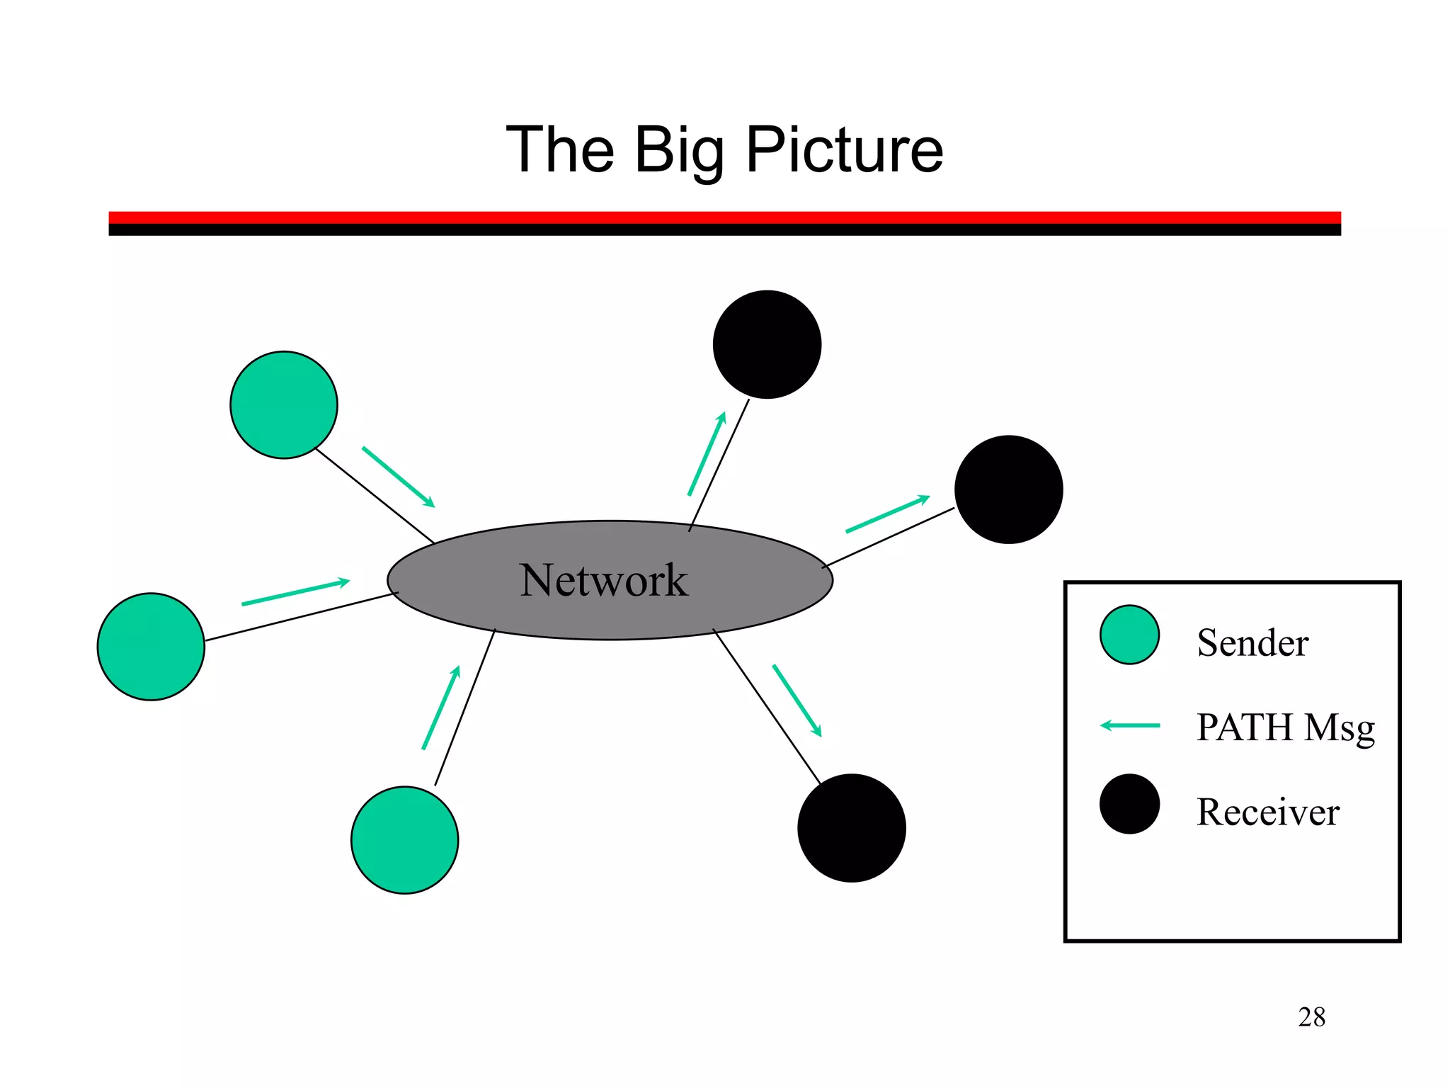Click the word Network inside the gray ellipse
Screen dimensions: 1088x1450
click(x=603, y=580)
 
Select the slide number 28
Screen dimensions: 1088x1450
click(x=1311, y=1017)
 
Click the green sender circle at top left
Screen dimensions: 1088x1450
click(x=284, y=404)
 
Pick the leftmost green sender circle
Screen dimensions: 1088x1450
click(x=151, y=647)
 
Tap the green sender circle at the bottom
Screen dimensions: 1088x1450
click(x=404, y=840)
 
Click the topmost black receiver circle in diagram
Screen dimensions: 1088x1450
click(x=767, y=344)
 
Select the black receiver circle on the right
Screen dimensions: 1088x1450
click(x=1008, y=489)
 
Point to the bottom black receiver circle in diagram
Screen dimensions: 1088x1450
click(x=851, y=828)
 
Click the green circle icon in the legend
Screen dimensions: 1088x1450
click(x=1129, y=635)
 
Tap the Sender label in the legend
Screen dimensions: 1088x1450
click(x=1252, y=642)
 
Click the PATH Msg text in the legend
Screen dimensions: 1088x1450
click(x=1285, y=727)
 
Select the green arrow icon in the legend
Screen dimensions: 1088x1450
click(x=1130, y=725)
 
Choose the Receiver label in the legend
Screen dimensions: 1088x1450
click(x=1267, y=812)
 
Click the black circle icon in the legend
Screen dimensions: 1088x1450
click(x=1129, y=804)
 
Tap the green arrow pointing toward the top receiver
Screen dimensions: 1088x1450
click(x=707, y=453)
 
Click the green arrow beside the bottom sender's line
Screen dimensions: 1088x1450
click(x=441, y=707)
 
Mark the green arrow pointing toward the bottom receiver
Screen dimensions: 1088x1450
click(x=797, y=701)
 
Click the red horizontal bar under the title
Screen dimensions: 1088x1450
click(x=724, y=217)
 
